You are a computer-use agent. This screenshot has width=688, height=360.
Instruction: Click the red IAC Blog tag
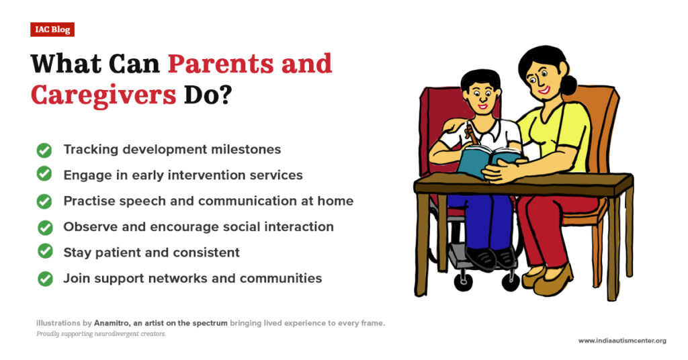[52, 30]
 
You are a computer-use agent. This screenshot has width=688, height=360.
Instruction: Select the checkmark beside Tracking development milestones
[44, 150]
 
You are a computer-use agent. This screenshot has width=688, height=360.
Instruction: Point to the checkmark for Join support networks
[45, 277]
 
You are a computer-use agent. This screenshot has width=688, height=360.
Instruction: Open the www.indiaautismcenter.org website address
[622, 341]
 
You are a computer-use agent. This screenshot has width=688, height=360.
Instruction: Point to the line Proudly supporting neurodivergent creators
[101, 334]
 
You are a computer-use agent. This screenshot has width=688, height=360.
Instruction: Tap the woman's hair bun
[569, 85]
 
